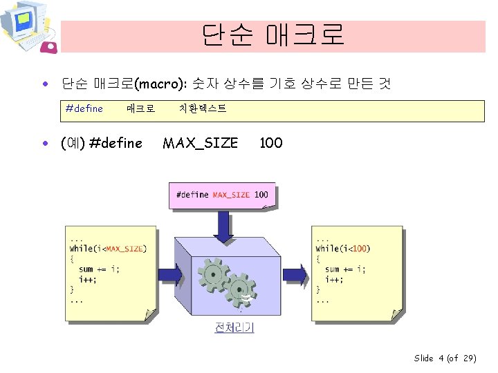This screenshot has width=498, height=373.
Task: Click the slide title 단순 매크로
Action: click(273, 35)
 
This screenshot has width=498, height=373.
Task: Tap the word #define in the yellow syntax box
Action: click(84, 108)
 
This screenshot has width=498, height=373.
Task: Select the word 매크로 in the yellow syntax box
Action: click(140, 108)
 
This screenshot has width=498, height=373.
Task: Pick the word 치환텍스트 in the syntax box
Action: click(202, 108)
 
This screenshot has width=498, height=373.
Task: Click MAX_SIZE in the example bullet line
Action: click(200, 143)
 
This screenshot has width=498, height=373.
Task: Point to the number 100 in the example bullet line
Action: click(270, 143)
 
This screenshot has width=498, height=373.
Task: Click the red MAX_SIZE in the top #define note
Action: click(231, 195)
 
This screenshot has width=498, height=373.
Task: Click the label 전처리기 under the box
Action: click(234, 327)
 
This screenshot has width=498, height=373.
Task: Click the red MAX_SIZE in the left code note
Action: click(125, 249)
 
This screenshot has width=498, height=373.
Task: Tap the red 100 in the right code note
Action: click(360, 249)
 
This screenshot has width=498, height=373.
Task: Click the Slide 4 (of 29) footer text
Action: click(445, 358)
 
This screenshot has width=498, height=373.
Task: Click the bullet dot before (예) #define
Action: click(45, 144)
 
